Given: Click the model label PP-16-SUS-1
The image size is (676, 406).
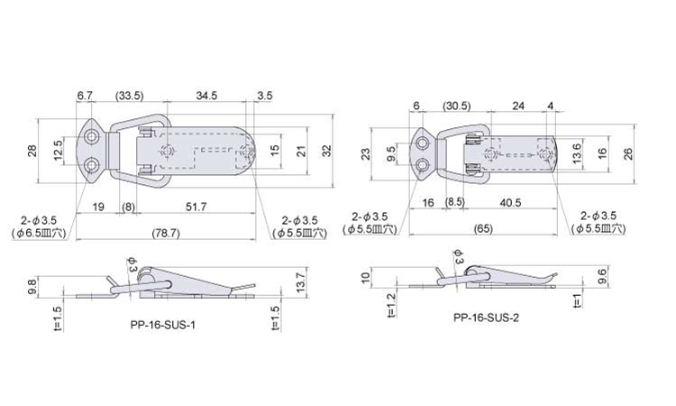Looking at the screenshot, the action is coord(162,325).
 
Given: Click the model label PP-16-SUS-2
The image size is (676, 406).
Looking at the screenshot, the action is coord(486,318).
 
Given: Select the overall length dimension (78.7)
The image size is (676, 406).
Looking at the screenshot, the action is coord(166,233).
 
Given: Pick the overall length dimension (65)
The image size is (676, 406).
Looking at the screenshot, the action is coord(483,228).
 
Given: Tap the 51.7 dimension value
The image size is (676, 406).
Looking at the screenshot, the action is coord(196,207).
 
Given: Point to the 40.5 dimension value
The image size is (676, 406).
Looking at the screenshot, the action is coord(510,202).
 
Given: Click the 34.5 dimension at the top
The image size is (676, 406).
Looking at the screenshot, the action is coord(206,96).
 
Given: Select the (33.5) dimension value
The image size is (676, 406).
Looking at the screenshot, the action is coord(129,96).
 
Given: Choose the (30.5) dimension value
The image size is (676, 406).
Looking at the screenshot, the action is coord(457,106).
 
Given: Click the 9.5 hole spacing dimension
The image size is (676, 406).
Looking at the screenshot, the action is coord(391,153).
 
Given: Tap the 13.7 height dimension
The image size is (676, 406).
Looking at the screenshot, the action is coord(301,281).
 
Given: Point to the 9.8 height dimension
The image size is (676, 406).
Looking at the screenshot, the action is coord(32,286).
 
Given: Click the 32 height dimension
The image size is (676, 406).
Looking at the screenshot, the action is coord(327,151).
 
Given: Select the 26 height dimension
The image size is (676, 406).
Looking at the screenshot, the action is coord(628,153).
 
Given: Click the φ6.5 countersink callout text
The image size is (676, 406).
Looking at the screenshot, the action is coord(39,234).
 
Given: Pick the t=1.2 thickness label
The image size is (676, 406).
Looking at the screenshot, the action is coord(391,306).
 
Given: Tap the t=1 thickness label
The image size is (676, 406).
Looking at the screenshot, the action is coord(578,300).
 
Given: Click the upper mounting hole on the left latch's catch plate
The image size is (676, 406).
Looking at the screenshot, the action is coord(90,137).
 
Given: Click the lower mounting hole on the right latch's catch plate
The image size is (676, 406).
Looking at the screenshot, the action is coord(423,164).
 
